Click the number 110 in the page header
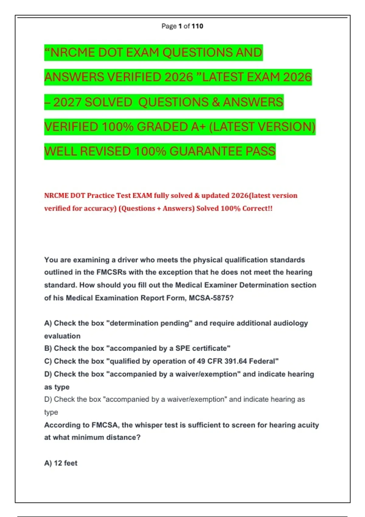click(197, 26)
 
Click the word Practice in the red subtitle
click(100, 196)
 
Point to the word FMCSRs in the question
click(111, 272)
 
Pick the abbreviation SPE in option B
click(183, 348)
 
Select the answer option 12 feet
click(65, 463)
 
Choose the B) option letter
click(48, 348)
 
